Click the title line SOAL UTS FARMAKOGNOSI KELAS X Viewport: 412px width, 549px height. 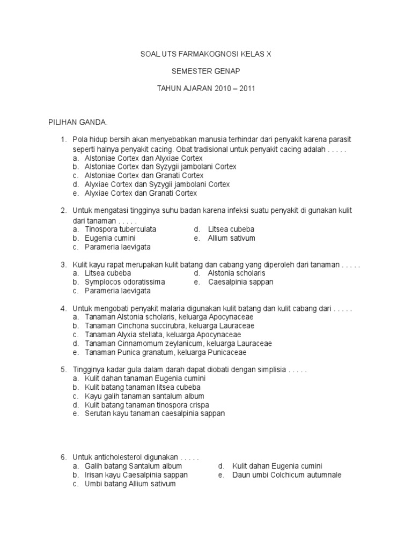(206, 54)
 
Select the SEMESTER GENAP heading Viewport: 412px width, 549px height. (206, 70)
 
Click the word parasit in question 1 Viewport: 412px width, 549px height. (339, 139)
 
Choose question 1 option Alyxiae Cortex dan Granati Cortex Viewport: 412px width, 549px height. (141, 193)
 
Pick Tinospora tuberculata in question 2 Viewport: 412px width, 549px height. (121, 229)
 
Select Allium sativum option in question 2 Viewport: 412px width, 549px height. (231, 238)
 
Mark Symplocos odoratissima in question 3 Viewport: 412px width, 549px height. (125, 281)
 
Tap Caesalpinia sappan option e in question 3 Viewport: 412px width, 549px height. (240, 281)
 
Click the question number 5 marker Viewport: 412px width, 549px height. (63, 369)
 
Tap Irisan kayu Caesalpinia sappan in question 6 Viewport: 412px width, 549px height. (136, 475)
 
